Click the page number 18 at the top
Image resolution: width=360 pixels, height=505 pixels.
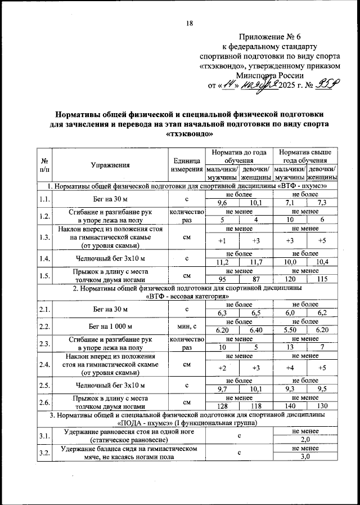[189, 23]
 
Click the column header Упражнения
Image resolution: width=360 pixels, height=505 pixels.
[110, 165]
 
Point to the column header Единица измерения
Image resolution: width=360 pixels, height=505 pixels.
[186, 165]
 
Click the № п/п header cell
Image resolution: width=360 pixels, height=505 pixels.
[44, 165]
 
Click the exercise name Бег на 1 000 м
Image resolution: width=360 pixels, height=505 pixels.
[110, 325]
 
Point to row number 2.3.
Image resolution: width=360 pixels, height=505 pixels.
[44, 343]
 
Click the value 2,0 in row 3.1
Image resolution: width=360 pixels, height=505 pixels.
[305, 439]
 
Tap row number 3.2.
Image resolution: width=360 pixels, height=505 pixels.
[44, 453]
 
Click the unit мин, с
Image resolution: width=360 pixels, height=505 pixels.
[186, 325]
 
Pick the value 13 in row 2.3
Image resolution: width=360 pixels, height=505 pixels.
[289, 347]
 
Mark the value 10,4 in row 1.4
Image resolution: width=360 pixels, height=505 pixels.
[322, 262]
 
